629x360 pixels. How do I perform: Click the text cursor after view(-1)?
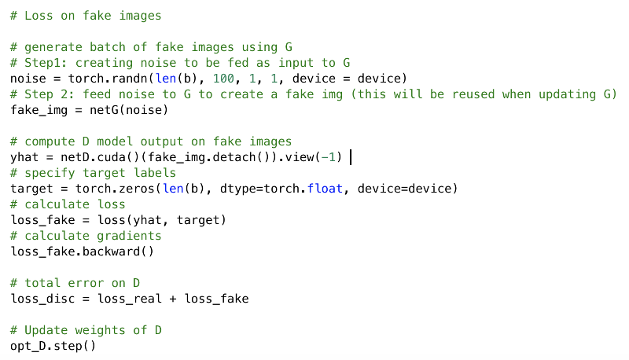350,156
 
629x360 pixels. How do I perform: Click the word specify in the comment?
46,172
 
